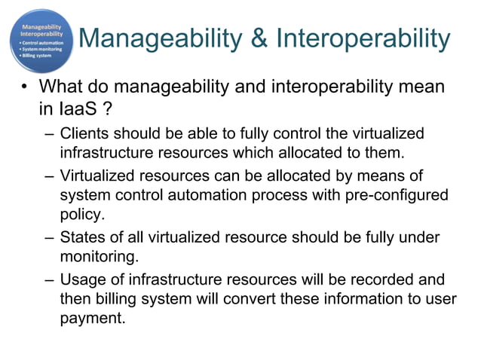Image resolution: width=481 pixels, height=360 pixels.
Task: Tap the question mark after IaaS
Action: (109, 110)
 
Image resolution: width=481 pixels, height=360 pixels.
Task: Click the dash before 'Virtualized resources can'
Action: (49, 176)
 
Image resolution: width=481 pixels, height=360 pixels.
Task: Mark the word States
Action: (80, 238)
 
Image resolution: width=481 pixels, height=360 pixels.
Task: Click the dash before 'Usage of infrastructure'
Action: (49, 280)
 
